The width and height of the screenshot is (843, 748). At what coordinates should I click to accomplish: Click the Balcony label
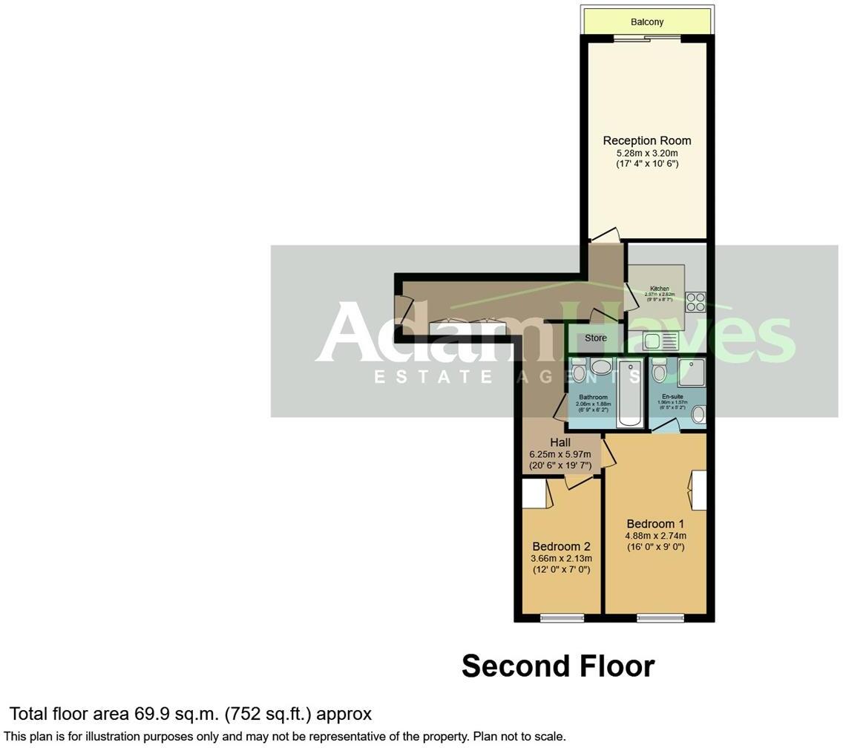coord(647,22)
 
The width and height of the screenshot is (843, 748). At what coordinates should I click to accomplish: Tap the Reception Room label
coord(646,140)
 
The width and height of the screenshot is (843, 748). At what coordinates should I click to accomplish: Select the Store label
coord(595,338)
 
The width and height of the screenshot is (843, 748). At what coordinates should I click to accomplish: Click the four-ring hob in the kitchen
coord(695,301)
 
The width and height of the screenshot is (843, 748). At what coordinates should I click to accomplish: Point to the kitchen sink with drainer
coord(660,342)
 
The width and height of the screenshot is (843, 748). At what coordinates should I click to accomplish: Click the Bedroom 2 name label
coord(561,547)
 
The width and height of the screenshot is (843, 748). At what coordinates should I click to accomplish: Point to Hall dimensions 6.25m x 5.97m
coord(560,454)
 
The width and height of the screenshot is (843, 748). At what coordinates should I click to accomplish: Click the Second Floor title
coord(558,666)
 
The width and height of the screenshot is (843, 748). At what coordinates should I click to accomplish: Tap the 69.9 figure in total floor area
coord(151,714)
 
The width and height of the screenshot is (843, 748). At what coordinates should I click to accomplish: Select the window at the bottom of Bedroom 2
coord(562,617)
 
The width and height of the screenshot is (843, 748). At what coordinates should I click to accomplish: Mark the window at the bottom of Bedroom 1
coord(660,617)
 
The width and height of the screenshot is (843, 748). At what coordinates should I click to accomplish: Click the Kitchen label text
coord(660,289)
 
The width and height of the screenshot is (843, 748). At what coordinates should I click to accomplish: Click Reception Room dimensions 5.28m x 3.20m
coord(646,153)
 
